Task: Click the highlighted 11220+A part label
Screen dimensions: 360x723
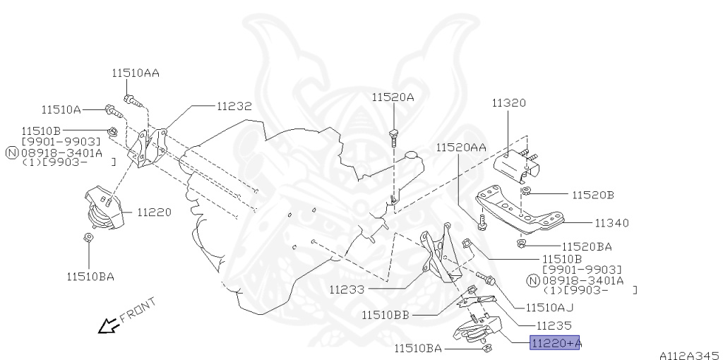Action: tap(555, 343)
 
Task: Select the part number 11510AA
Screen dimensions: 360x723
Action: tap(135, 73)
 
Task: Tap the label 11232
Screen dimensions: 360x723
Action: tap(234, 107)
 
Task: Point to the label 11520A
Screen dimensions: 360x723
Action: tap(393, 97)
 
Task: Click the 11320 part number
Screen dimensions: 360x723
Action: tap(508, 103)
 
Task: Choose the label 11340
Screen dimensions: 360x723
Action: tap(611, 223)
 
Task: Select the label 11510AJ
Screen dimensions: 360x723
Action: tap(549, 308)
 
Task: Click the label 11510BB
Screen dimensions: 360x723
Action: tap(385, 314)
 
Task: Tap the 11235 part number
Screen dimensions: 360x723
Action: tap(553, 325)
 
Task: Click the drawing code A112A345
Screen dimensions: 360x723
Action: tap(689, 354)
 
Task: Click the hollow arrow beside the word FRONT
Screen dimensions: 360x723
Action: tap(108, 325)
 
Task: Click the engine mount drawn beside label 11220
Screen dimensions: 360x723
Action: tap(102, 208)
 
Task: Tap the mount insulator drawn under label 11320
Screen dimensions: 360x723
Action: tap(519, 166)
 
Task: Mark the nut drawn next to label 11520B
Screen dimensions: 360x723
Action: tap(527, 192)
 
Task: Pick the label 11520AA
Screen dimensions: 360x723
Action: tap(460, 148)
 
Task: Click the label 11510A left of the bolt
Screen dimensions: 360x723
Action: tap(61, 109)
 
